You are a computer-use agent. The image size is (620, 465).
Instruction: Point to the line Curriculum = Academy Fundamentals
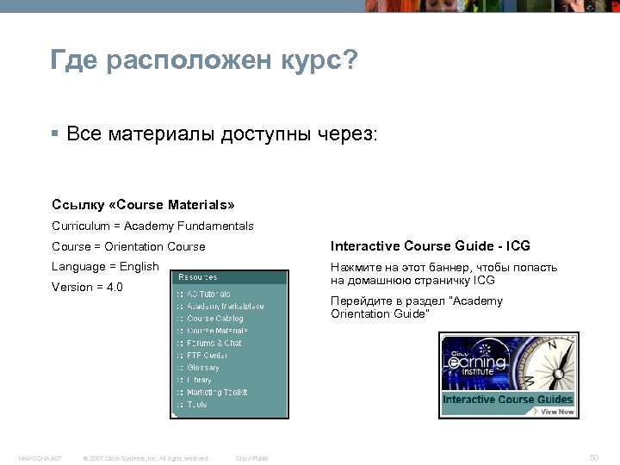coord(152,226)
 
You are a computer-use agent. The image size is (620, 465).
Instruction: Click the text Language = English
coord(106,266)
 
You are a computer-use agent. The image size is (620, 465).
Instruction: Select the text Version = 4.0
coord(88,287)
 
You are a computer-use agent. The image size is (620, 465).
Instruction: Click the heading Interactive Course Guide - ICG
coord(430,246)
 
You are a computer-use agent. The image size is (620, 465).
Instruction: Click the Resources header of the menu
coord(198,277)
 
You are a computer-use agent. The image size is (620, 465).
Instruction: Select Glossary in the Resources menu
coord(203,368)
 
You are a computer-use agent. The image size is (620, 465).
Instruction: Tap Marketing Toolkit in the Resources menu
coord(217,392)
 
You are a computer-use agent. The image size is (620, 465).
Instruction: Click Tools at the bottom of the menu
coord(197,404)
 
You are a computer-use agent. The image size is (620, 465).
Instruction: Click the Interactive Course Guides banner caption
coord(507,400)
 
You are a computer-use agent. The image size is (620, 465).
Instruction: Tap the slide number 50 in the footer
coord(593,456)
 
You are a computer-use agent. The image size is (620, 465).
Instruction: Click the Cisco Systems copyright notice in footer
coord(144,457)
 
